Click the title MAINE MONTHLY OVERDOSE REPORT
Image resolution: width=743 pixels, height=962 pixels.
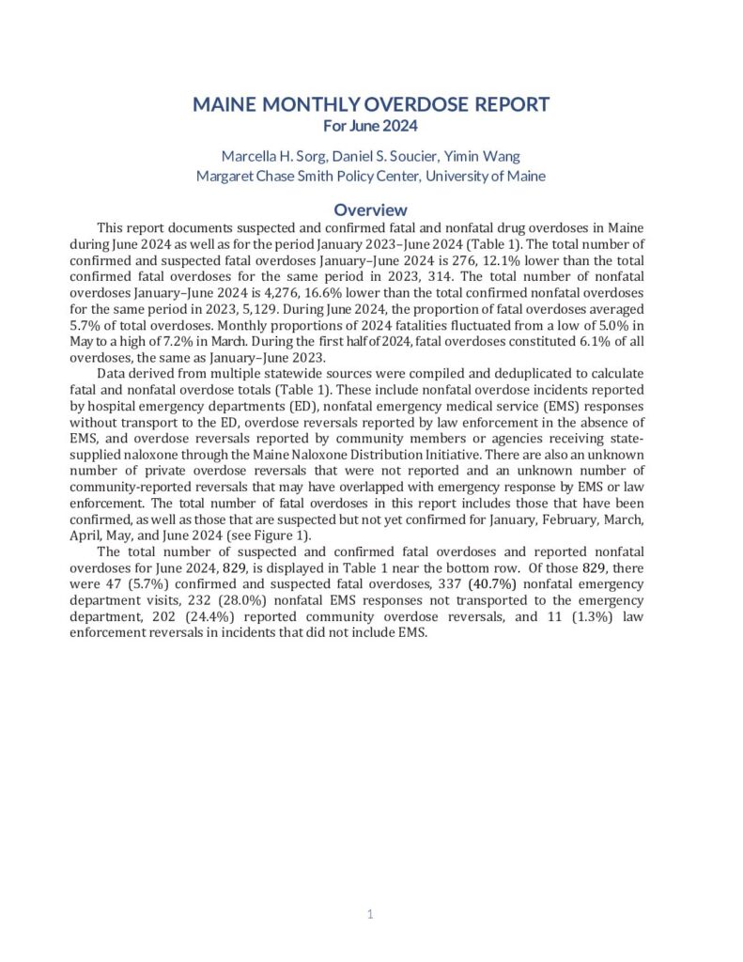[371, 105]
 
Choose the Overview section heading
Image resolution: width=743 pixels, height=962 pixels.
[371, 210]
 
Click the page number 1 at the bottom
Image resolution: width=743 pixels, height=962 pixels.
[371, 913]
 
